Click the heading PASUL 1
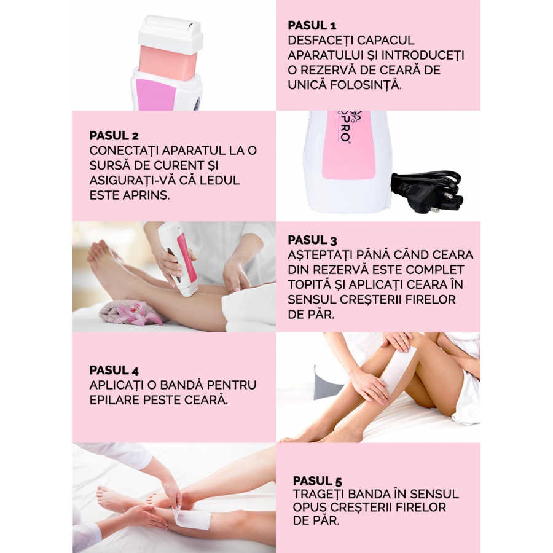pos(312,25)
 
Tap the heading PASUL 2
pos(114,136)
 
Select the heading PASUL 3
pos(312,240)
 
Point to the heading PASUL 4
pos(114,371)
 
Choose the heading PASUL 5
pos(318,481)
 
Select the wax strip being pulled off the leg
pos(191,516)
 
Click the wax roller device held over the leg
pos(178,258)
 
